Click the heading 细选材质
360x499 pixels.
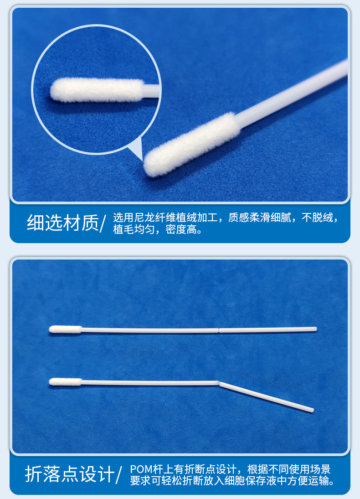coord(62,223)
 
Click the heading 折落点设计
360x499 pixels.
coord(69,474)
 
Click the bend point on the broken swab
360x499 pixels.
coord(219,383)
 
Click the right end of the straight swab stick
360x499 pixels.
coord(315,329)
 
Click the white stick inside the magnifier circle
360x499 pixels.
coord(151,89)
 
